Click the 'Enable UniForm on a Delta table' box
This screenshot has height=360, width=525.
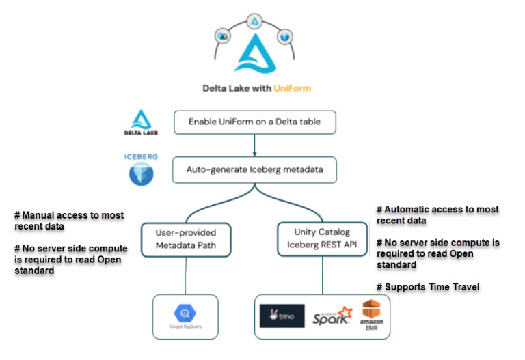coord(254,123)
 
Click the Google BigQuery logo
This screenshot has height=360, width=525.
coord(185,315)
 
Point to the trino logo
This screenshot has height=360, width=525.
coord(282,316)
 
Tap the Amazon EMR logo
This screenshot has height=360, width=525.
coord(371,315)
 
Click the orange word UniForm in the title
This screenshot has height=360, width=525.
coord(293,88)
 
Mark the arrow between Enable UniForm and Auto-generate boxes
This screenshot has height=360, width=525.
coord(254,144)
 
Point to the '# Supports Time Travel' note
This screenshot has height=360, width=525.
coord(428,287)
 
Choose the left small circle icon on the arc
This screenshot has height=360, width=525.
coord(223,36)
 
